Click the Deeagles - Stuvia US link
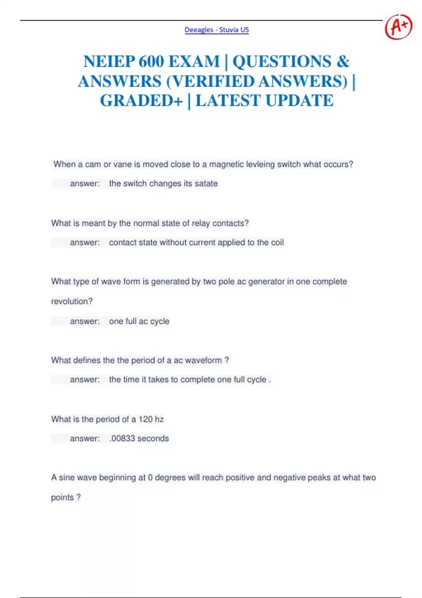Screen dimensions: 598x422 click(217, 30)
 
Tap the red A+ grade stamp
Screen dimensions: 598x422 click(398, 27)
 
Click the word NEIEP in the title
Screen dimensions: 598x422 click(109, 62)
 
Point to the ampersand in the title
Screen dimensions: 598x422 click(343, 62)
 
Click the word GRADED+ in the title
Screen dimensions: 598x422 click(141, 101)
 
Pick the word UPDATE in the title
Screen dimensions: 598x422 click(299, 101)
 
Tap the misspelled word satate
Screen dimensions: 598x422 click(206, 184)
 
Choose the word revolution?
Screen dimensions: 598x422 click(72, 301)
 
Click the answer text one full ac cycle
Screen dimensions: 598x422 click(139, 321)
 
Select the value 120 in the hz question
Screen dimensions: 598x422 click(146, 419)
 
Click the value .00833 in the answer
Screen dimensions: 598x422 click(122, 439)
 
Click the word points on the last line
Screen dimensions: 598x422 click(62, 498)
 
